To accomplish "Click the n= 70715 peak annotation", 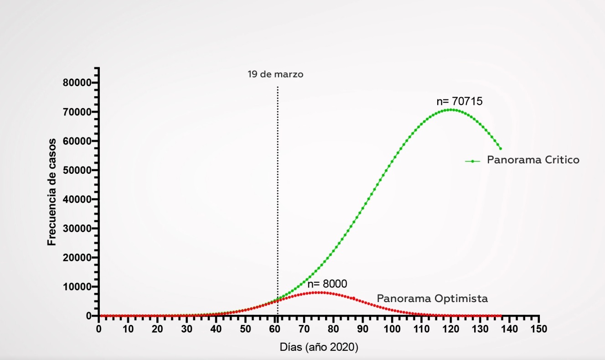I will (x=459, y=101).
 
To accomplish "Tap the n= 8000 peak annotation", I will (x=327, y=284).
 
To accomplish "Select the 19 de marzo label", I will (x=275, y=74).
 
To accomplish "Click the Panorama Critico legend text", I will (x=533, y=160).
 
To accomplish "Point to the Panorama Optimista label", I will (x=432, y=299).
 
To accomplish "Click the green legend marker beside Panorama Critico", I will (x=473, y=161).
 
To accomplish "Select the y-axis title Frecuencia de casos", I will (x=52, y=192).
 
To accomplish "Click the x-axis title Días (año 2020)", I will (x=319, y=347).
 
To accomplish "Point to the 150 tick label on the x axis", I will (x=539, y=329).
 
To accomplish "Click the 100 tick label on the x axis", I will (x=392, y=329).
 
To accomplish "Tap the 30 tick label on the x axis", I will (x=187, y=329).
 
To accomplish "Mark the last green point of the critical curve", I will (x=501, y=149).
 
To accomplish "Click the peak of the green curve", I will (x=451, y=110).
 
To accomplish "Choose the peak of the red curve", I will (x=319, y=292).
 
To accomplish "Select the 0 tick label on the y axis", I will (x=88, y=316).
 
